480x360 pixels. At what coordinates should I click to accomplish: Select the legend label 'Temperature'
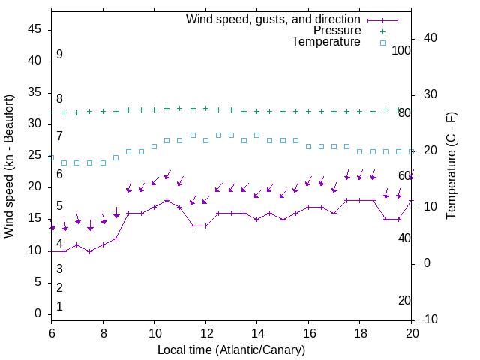[x=326, y=42]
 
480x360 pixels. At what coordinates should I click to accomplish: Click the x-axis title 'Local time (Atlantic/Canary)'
[x=231, y=350]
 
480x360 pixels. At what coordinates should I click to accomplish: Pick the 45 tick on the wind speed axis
[x=35, y=30]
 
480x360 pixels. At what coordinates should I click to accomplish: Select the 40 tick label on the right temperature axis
[x=430, y=38]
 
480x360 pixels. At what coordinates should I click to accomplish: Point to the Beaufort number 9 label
[x=59, y=55]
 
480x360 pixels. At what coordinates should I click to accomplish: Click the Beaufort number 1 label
[x=59, y=307]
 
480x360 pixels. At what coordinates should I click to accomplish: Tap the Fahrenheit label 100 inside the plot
[x=401, y=50]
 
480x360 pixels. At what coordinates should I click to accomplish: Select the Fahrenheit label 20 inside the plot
[x=404, y=300]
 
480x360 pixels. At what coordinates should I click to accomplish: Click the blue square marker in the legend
[x=382, y=43]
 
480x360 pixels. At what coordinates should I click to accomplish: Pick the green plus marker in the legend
[x=382, y=31]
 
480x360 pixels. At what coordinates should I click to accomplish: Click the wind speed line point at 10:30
[x=166, y=200]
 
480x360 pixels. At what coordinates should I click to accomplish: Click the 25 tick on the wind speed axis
[x=35, y=156]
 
